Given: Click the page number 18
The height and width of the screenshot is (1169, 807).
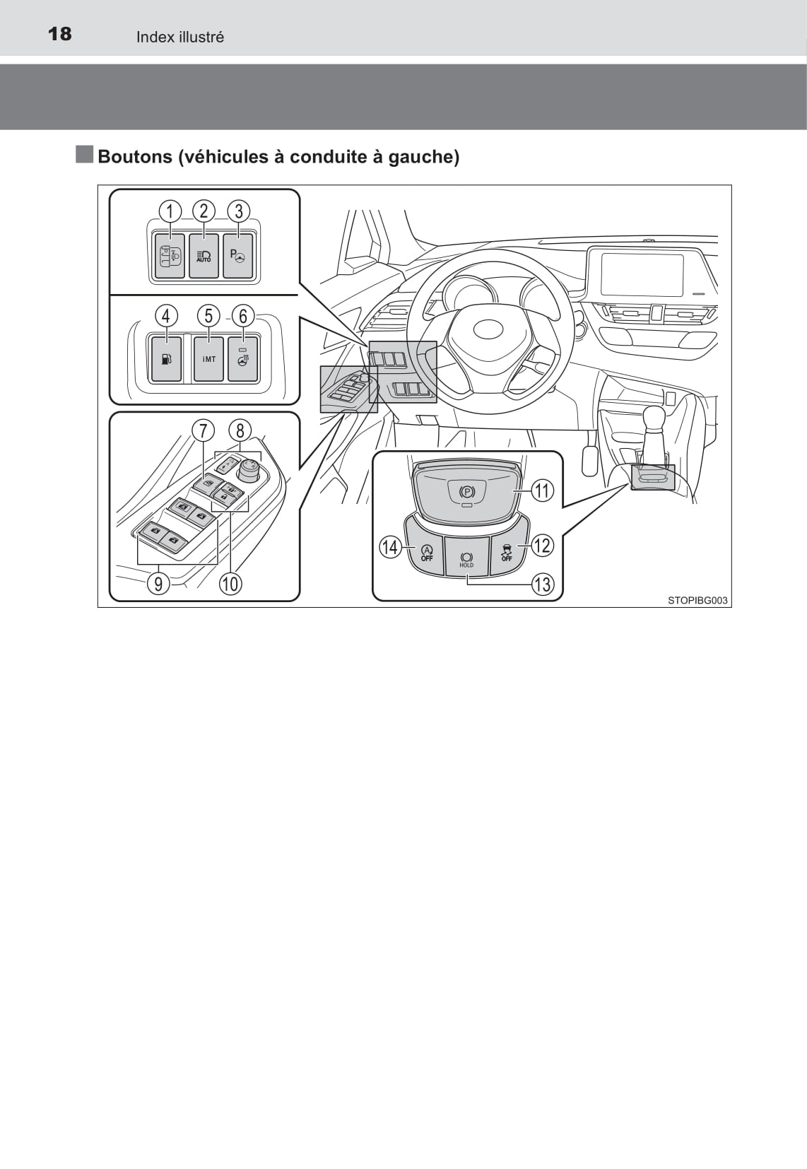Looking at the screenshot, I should pos(60,34).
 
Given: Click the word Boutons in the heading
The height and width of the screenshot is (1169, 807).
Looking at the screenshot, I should pos(134,157).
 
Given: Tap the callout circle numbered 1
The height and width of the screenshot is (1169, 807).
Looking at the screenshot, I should pos(170,211).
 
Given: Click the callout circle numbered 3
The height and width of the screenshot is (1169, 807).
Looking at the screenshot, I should pos(239,211).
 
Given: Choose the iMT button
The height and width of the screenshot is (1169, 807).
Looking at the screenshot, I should pos(208,359).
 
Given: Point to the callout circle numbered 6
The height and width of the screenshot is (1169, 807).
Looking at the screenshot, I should pos(243,315).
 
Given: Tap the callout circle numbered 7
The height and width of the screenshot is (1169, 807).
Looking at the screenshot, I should pos(203,430).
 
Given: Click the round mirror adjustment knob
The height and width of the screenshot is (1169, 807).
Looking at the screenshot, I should pos(251,469).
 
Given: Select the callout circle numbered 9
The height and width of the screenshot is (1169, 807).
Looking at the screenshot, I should pos(158,584).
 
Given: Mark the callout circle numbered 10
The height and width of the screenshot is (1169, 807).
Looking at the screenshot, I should pos(230,584).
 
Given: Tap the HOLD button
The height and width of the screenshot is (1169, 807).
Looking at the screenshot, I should pos(466,556).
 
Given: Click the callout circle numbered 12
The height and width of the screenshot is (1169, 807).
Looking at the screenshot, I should pos(541,546).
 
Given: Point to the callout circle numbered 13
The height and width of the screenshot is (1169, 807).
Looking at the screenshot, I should pos(542,584).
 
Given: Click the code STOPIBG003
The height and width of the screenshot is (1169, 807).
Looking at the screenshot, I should pos(697,601).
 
